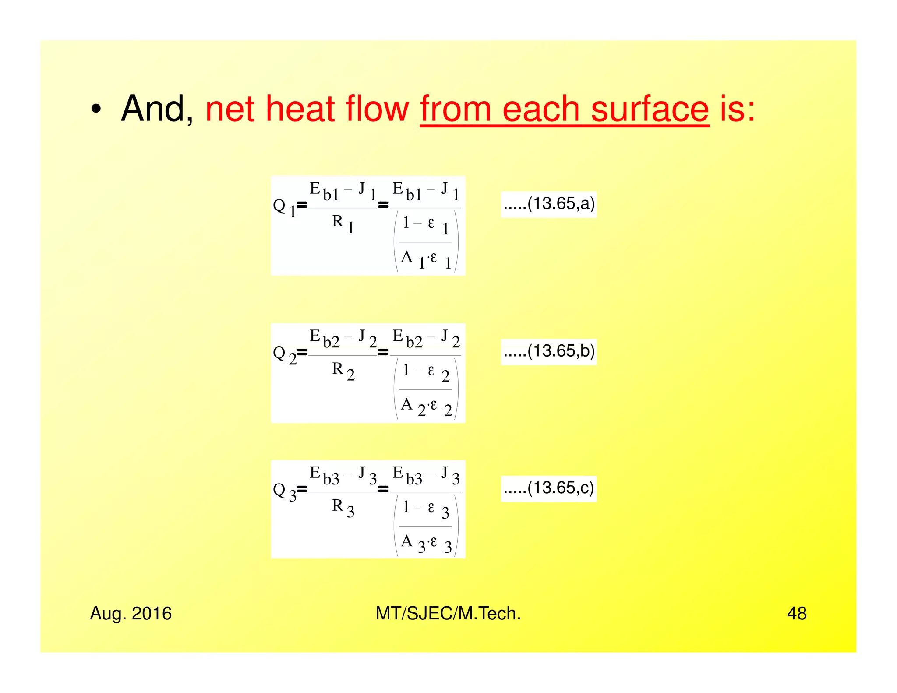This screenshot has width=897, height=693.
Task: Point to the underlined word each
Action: click(x=540, y=109)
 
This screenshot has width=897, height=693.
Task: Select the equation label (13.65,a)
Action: click(x=549, y=204)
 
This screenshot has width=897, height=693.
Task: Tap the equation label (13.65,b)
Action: click(x=549, y=351)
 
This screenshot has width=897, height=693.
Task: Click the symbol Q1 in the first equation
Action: click(x=284, y=207)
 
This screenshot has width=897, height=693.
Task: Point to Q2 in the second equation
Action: click(x=284, y=354)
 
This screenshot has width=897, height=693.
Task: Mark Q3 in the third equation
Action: click(x=284, y=491)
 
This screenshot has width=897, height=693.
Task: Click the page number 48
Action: click(x=796, y=614)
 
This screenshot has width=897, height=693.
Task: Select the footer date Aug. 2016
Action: click(x=131, y=614)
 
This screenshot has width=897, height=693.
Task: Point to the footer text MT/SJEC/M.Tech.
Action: click(x=448, y=614)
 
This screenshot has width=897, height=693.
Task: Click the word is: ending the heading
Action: click(x=738, y=109)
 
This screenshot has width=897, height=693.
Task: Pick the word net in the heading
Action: click(x=230, y=109)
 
